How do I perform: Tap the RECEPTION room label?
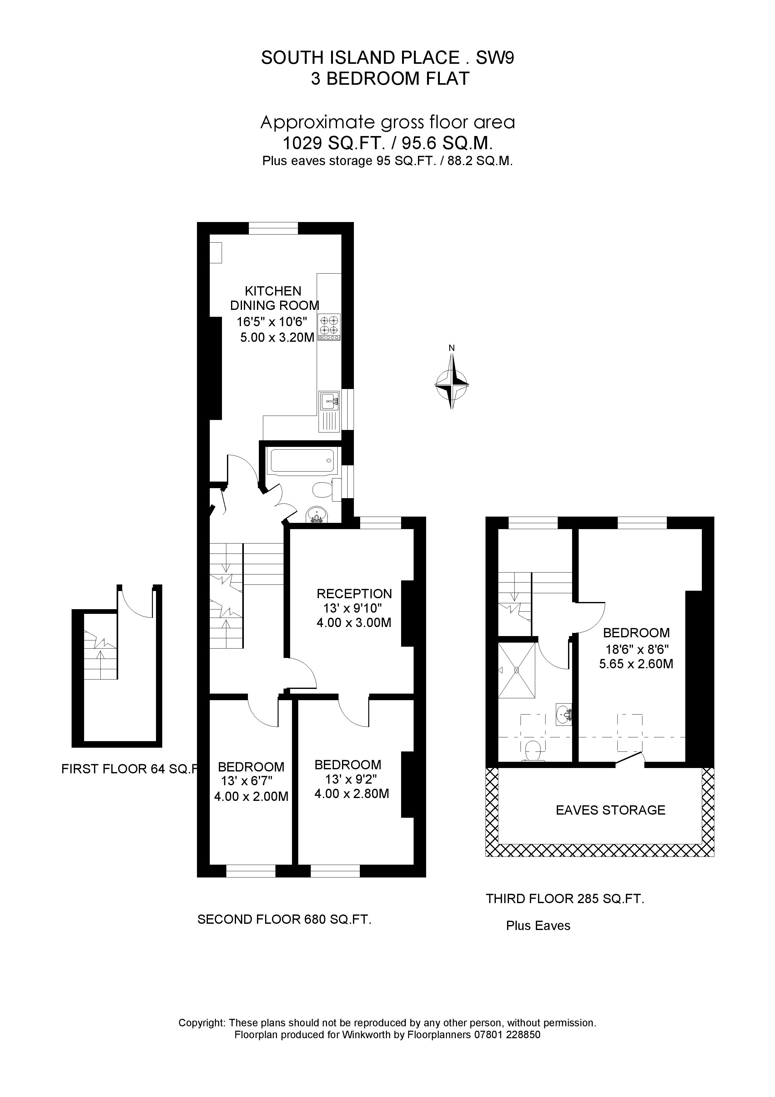pos(354,594)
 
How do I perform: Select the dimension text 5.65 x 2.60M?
pos(636,664)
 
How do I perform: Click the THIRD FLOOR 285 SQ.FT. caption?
pos(565,899)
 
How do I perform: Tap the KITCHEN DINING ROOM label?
pos(274,298)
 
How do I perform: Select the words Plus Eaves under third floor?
pos(538,925)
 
